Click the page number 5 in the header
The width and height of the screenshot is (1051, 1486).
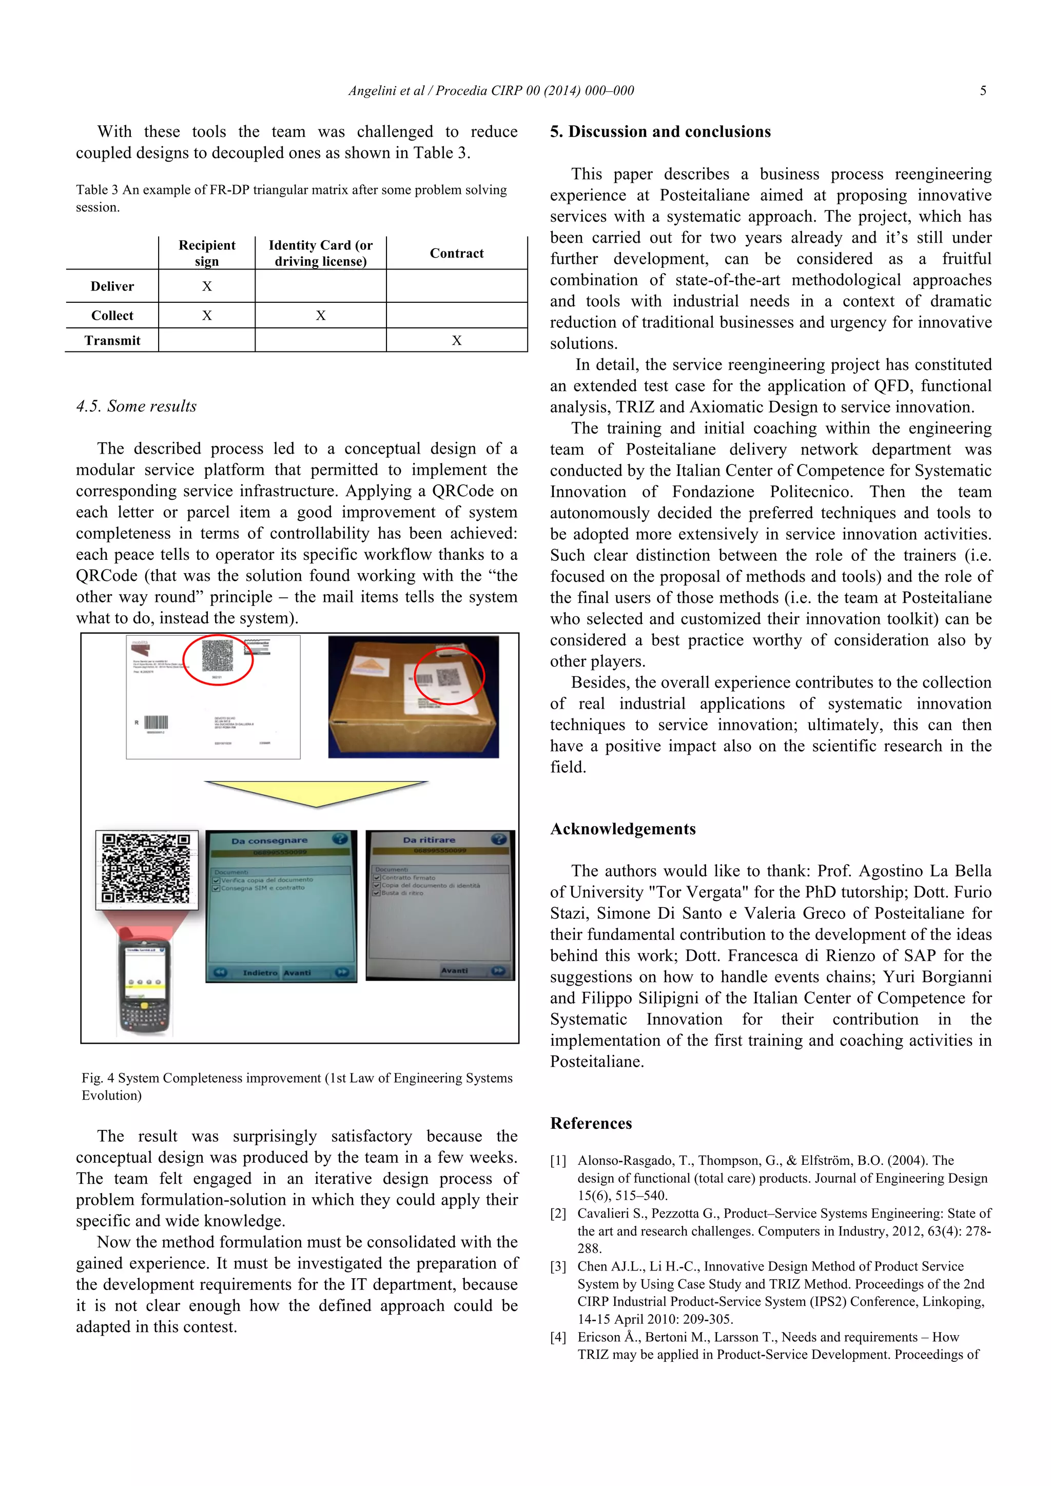click(x=982, y=91)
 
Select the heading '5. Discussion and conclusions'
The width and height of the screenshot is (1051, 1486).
click(x=660, y=132)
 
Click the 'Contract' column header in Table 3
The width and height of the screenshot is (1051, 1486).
click(x=456, y=253)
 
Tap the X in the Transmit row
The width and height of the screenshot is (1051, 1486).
click(x=456, y=340)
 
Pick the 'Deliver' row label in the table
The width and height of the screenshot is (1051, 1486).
click(x=112, y=286)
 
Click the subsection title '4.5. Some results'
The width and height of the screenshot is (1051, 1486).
click(x=136, y=406)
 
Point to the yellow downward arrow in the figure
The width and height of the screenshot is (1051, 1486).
click(x=316, y=793)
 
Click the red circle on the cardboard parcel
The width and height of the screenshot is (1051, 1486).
click(x=449, y=676)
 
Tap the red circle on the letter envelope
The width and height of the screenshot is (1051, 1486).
click(x=218, y=659)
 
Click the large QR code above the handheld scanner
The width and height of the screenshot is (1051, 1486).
click(x=146, y=869)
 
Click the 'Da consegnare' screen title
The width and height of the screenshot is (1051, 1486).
click(x=269, y=840)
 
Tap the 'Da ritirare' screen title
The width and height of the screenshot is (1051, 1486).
click(x=429, y=839)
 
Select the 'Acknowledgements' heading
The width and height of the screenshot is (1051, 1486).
click(x=622, y=829)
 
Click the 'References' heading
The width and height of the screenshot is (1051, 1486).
click(x=591, y=1124)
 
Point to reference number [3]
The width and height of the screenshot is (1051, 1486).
click(x=558, y=1266)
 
